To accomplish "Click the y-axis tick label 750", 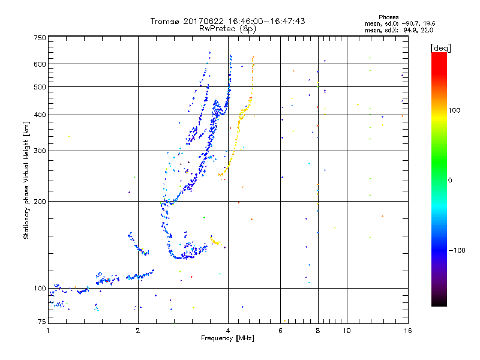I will (40, 38).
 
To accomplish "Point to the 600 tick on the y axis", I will (40, 64).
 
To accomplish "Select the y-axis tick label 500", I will (40, 87).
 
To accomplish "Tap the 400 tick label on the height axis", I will (40, 115).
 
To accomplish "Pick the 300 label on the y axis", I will (40, 151).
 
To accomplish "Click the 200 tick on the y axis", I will (40, 201).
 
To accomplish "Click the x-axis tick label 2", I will (138, 331).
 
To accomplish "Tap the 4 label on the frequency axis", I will (228, 331).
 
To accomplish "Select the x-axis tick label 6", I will (281, 331).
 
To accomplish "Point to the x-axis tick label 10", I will (347, 331).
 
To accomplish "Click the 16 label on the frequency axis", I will (408, 331).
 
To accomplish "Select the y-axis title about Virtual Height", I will (26, 180).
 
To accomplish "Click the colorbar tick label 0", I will (451, 180).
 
